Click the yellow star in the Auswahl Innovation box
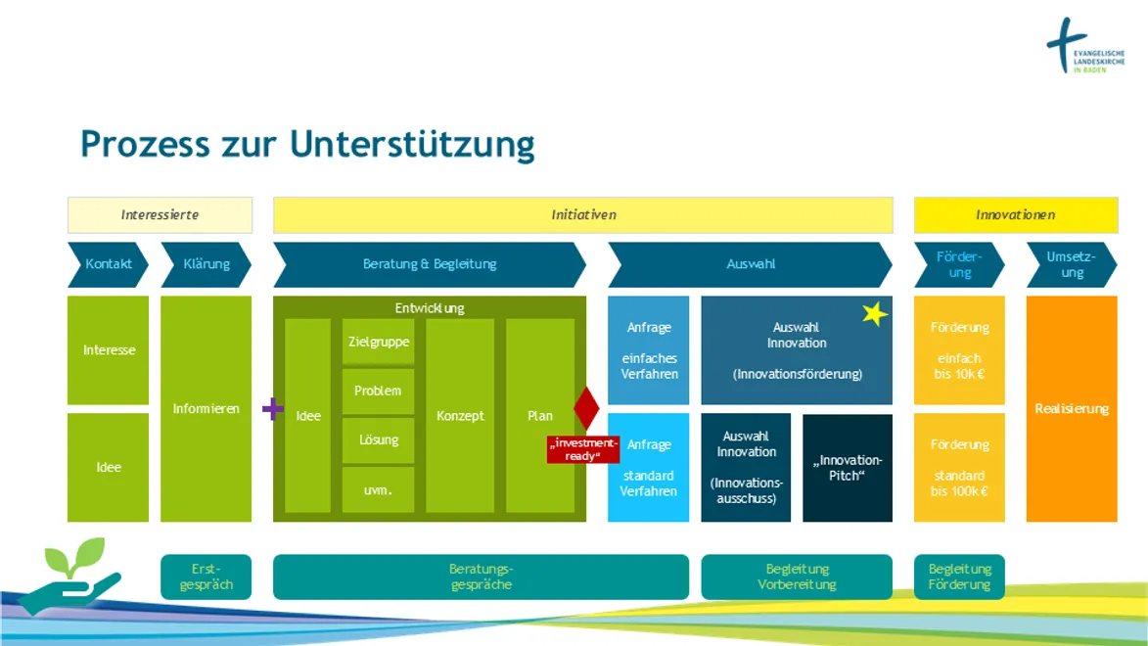[x=875, y=314]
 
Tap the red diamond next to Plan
[x=586, y=408]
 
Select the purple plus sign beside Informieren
[x=273, y=408]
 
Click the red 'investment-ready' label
[x=583, y=449]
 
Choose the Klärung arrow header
[x=206, y=264]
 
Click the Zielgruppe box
[x=378, y=342]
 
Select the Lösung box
[x=378, y=440]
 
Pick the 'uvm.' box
[x=378, y=489]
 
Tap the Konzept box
[x=460, y=415]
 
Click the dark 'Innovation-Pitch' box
[x=848, y=468]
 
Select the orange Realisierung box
[x=1072, y=408]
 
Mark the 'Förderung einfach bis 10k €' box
[x=959, y=350]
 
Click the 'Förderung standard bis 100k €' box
[x=959, y=468]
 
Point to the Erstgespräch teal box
[x=206, y=577]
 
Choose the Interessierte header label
[x=160, y=214]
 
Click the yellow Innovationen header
[x=1015, y=214]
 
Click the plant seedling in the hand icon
[x=74, y=559]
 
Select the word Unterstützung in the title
[x=412, y=144]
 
